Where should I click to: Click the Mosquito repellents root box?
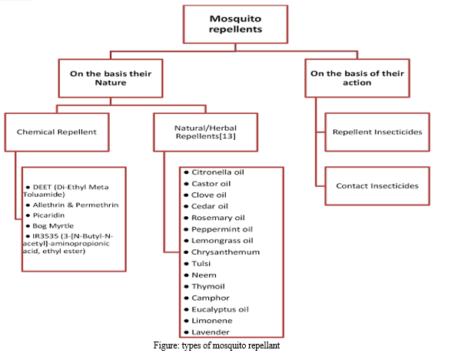235,25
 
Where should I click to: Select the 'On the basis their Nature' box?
111,78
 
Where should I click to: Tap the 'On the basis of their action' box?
357,78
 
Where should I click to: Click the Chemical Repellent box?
57,132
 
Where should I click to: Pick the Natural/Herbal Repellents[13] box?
206,132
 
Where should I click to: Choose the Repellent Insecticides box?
377,132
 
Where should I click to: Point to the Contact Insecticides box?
377,186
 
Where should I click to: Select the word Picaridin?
48,215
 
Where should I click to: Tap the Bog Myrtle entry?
53,225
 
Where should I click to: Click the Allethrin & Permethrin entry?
75,205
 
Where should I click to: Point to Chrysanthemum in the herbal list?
225,252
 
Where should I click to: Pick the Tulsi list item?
201,264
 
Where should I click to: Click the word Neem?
204,275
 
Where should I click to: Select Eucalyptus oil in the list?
220,309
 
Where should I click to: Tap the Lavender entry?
211,332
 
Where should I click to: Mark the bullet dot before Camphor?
187,298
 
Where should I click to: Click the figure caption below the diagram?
217,345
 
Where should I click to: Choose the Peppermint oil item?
222,229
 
